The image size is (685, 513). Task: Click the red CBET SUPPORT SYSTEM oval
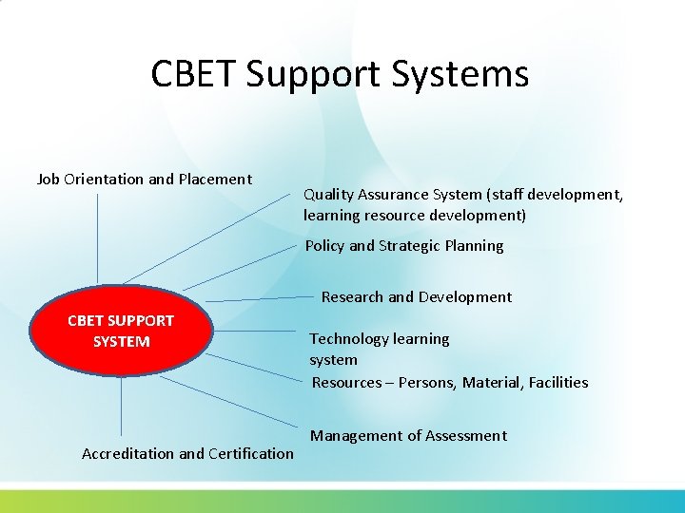[121, 331]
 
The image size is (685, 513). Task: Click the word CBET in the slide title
[196, 74]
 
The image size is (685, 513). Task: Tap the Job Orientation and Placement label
[144, 179]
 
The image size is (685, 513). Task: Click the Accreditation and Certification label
[187, 453]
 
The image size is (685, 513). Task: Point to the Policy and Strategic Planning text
[404, 245]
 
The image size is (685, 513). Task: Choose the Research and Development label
[416, 296]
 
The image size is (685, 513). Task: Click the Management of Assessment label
[408, 435]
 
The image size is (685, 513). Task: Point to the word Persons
[426, 382]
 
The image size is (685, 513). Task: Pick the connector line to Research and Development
[257, 298]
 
